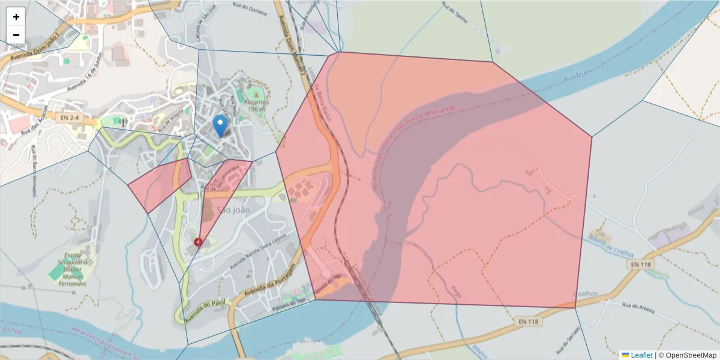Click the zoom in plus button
[x=16, y=17]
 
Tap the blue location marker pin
[x=220, y=125]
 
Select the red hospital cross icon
[x=199, y=242]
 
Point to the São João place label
[x=233, y=210]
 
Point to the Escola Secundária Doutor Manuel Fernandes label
[x=72, y=268]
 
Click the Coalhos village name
[x=586, y=294]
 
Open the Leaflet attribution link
[x=641, y=355]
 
